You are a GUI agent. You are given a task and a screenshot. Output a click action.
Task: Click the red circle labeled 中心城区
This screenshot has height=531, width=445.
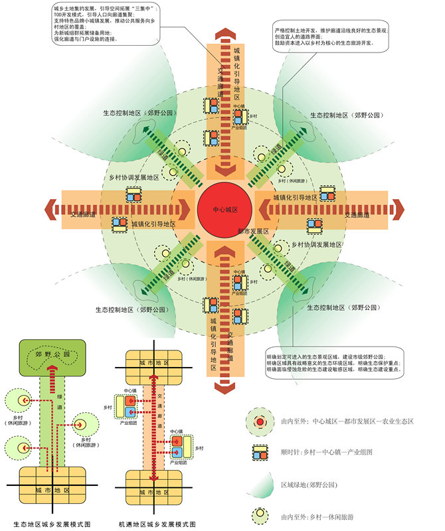225,208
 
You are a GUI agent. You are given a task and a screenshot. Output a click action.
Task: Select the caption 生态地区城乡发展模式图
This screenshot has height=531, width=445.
52,524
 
